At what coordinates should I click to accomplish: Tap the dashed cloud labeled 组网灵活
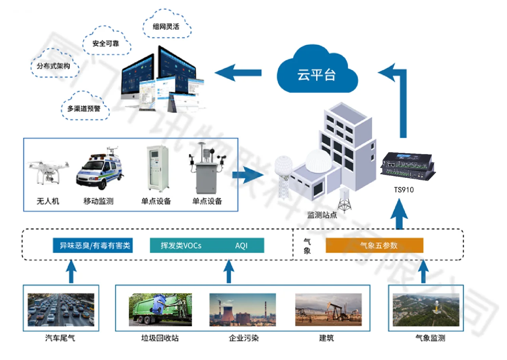[166, 26]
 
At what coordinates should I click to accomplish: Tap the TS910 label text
[404, 190]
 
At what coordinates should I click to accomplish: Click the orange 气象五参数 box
[374, 246]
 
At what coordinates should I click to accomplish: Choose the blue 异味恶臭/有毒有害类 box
[93, 246]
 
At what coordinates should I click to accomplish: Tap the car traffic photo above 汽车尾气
[61, 310]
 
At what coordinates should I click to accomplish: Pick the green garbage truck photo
[160, 310]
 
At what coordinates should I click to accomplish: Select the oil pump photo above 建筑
[328, 310]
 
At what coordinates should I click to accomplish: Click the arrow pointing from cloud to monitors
[238, 72]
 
